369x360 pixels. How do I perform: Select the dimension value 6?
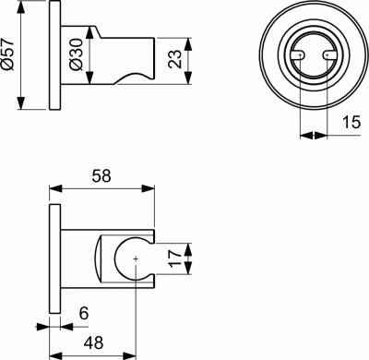(x=82, y=315)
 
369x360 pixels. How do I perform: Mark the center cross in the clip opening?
(x=136, y=261)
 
